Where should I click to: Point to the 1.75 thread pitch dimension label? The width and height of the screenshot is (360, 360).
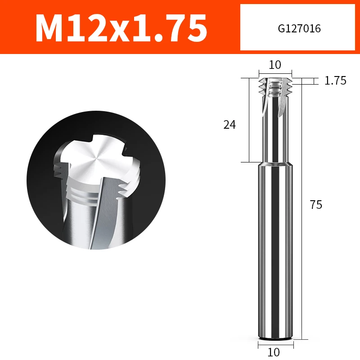click(x=335, y=81)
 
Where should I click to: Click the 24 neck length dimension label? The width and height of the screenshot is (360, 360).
click(x=229, y=125)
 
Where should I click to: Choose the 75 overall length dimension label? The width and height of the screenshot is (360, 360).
click(x=316, y=205)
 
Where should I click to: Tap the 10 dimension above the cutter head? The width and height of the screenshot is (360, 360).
click(x=275, y=65)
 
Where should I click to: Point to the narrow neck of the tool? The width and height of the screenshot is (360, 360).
click(x=275, y=130)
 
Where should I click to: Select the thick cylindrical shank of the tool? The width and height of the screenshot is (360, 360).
click(x=275, y=247)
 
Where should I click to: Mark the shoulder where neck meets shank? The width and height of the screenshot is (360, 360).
click(x=275, y=163)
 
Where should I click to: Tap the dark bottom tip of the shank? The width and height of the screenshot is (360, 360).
click(x=275, y=337)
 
